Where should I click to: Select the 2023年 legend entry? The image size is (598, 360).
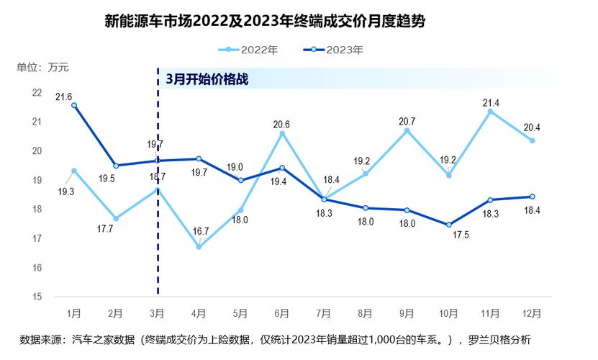(332, 50)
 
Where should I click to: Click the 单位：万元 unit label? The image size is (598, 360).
(42, 68)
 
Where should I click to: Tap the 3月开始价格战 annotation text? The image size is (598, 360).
(207, 79)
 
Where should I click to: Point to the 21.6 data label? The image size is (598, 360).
(64, 96)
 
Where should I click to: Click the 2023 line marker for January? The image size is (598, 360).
(74, 105)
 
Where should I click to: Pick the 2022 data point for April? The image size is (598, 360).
(199, 247)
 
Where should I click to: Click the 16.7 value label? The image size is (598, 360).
(199, 231)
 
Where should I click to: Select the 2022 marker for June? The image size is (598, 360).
(282, 133)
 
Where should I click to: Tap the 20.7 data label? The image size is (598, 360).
(408, 121)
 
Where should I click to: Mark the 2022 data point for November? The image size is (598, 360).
(490, 111)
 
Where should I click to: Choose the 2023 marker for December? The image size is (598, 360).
(532, 197)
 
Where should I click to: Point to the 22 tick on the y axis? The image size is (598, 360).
(37, 92)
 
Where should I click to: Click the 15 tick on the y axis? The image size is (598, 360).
(37, 297)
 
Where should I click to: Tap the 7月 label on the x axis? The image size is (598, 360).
(324, 314)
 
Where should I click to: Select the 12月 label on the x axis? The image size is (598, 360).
(532, 314)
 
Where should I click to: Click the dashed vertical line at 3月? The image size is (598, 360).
(158, 216)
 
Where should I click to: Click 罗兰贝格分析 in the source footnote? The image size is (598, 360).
(499, 339)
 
